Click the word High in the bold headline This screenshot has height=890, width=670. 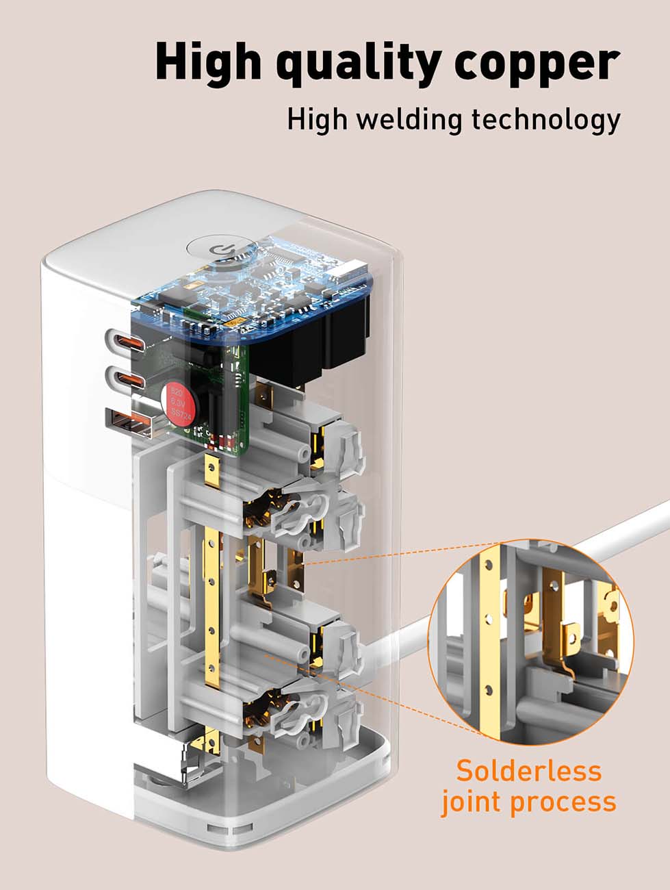208,62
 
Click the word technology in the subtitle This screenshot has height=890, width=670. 545,120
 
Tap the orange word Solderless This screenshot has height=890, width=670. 528,771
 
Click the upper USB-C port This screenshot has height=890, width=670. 125,340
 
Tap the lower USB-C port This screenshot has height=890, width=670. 125,379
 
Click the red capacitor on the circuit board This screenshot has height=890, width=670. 177,404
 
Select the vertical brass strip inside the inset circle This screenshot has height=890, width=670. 489,637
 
